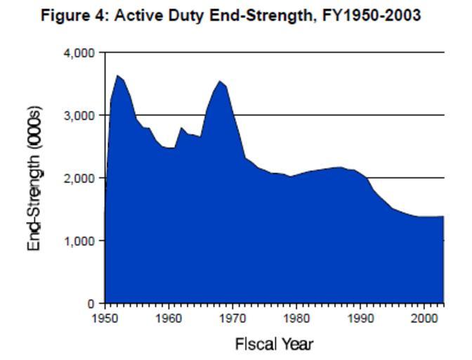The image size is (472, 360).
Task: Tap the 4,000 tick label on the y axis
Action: pos(79,53)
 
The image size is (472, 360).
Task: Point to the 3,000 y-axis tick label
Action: pos(79,115)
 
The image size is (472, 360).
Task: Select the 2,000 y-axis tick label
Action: pos(79,178)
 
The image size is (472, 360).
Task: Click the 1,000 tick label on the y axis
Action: pos(79,241)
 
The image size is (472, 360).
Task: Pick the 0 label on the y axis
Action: pos(91,304)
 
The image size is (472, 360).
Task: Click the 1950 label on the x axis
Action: pos(105,318)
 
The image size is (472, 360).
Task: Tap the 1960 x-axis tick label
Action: pos(169,318)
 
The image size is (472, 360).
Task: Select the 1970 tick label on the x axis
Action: pos(233,318)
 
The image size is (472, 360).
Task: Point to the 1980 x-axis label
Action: pos(296,318)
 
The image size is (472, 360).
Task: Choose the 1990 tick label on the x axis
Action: pos(360,318)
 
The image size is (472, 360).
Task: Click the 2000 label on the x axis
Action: pos(424,318)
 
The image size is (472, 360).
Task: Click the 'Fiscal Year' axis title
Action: pos(274,344)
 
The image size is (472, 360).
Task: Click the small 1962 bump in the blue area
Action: pos(181,128)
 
